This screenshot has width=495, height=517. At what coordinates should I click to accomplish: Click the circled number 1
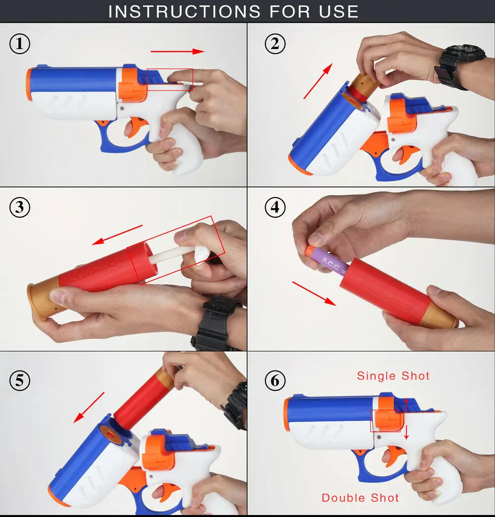[x=20, y=45]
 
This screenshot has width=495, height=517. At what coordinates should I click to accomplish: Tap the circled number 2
[x=275, y=45]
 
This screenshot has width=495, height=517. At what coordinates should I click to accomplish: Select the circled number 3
[x=20, y=208]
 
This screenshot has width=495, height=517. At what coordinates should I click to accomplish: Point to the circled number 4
[x=275, y=208]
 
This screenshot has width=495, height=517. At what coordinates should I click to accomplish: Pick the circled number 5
[x=20, y=381]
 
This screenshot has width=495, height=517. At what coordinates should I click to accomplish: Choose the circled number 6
[x=275, y=381]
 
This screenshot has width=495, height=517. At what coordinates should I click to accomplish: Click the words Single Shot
[x=393, y=376]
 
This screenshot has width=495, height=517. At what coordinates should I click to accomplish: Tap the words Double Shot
[x=360, y=498]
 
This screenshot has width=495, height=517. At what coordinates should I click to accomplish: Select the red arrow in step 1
[x=177, y=51]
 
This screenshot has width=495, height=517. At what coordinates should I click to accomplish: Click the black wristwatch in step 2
[x=458, y=64]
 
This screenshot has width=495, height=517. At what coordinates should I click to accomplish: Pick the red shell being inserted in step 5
[x=141, y=401]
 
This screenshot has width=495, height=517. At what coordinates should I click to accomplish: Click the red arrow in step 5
[x=89, y=407]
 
